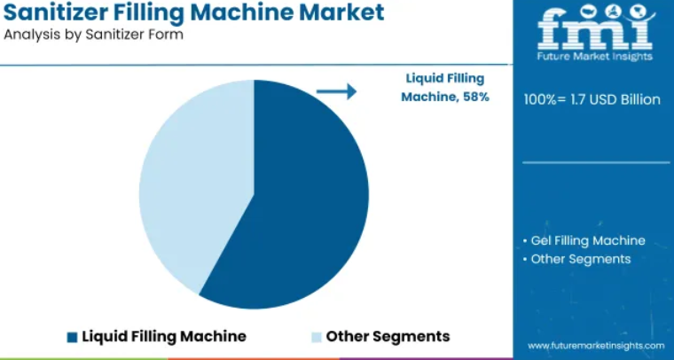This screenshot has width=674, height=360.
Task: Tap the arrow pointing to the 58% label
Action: pos(337,91)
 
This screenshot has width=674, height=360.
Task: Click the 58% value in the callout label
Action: pos(476,97)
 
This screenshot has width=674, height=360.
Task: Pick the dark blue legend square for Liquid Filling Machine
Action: pos(72,337)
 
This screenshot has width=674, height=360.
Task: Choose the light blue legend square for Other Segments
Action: pos(317,337)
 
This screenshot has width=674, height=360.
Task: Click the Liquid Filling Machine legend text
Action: pos(164,336)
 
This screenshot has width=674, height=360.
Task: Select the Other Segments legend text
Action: pos(388,336)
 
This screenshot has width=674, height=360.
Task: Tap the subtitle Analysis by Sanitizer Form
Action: pos(93,35)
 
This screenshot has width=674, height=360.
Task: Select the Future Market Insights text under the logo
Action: pos(595,56)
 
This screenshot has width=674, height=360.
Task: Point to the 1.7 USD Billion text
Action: pos(615,99)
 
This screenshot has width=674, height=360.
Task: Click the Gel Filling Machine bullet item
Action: pos(584,240)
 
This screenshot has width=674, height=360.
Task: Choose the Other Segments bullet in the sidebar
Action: pos(577,259)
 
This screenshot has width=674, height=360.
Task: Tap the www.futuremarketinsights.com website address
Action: pos(596,346)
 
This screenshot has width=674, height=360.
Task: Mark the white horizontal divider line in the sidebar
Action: pos(596,163)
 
